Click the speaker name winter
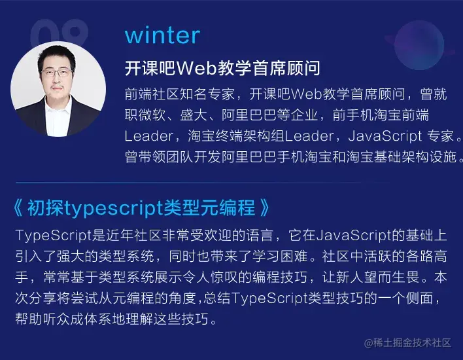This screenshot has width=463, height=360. tap(162, 35)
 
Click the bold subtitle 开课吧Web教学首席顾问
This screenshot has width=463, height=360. tap(222, 69)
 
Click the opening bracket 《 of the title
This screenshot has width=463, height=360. tap(18, 209)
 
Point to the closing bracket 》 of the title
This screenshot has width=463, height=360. tap(264, 209)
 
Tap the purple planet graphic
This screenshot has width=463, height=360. tap(419, 43)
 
